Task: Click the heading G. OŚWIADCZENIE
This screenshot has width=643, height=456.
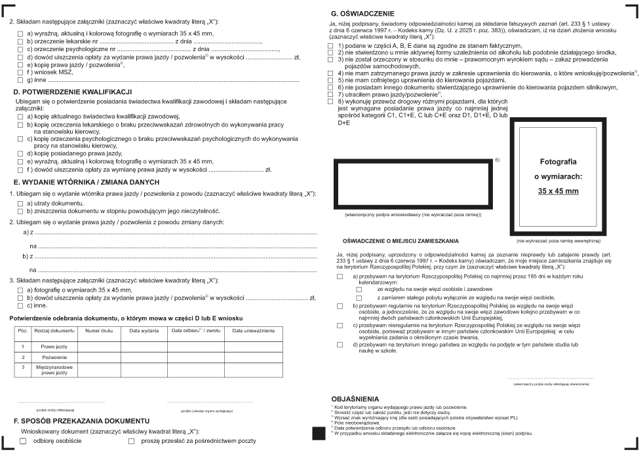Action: (x=362, y=12)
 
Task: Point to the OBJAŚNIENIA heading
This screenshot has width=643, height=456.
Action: (x=356, y=398)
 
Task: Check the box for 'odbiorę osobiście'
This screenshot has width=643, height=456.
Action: (x=24, y=442)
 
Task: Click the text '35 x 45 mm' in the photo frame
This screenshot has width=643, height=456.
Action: (x=558, y=191)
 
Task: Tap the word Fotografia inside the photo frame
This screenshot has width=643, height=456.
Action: (x=558, y=161)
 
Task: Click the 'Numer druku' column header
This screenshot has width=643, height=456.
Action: (x=99, y=331)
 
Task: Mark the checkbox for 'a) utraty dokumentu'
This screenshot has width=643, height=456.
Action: (x=21, y=204)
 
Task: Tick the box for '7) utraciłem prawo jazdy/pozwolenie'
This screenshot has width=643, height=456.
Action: (x=331, y=94)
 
